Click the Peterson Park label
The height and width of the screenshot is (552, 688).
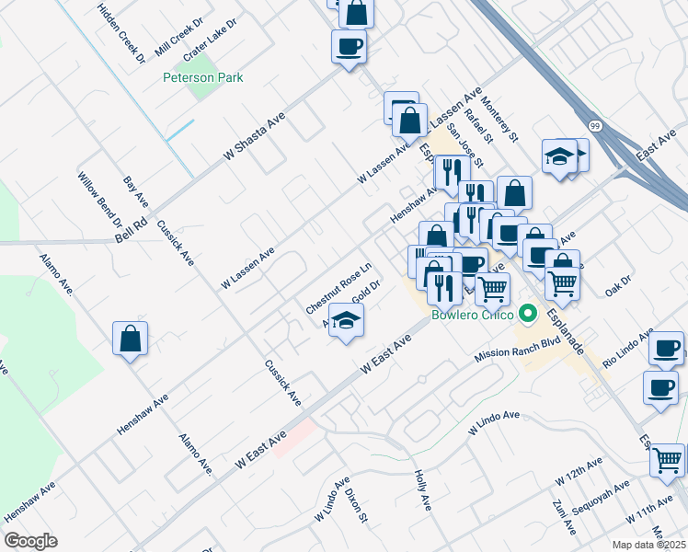tap(202, 78)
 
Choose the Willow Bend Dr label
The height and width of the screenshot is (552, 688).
tap(100, 202)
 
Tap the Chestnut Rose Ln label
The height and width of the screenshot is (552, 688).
tap(338, 285)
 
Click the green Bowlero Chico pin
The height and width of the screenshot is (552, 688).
tap(527, 315)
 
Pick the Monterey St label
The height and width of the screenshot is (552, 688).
tap(500, 121)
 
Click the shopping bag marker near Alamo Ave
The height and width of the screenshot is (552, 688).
tap(131, 338)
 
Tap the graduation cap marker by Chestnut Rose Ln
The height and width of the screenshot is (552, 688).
tap(346, 320)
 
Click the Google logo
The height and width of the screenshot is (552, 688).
tap(30, 541)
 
